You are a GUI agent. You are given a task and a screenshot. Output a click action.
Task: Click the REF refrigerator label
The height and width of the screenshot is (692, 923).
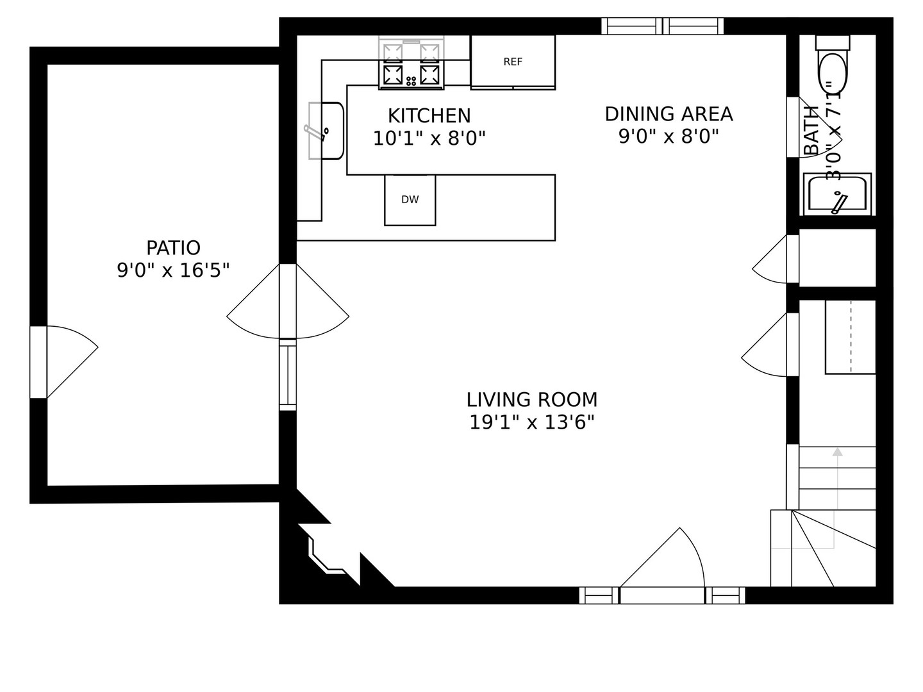tap(513, 62)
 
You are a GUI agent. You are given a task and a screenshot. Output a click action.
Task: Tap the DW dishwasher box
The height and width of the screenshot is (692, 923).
tap(410, 200)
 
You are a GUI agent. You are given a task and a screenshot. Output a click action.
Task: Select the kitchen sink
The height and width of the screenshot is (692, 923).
tap(328, 131)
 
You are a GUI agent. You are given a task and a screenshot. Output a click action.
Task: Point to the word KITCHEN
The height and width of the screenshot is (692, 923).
tap(429, 116)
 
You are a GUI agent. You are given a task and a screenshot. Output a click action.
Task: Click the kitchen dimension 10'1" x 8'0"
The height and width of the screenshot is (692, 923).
tap(429, 138)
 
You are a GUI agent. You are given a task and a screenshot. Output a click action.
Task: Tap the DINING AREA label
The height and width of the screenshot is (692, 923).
tap(669, 114)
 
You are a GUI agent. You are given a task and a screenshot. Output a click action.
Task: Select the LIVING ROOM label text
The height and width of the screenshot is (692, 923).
tap(531, 400)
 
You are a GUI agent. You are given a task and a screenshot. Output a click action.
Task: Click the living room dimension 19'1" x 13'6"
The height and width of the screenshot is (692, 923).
tap(531, 423)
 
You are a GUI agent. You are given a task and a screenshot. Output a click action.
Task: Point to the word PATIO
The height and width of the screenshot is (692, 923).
tap(173, 248)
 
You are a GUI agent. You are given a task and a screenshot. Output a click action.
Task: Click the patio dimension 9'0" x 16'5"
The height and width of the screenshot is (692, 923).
tap(173, 270)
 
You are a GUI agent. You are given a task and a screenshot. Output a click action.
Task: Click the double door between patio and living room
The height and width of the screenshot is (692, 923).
tap(288, 301)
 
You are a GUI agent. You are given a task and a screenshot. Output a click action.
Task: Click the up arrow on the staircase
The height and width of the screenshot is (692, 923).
tap(837, 452)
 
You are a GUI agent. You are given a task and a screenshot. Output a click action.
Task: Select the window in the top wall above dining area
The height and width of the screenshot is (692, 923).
tap(662, 26)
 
